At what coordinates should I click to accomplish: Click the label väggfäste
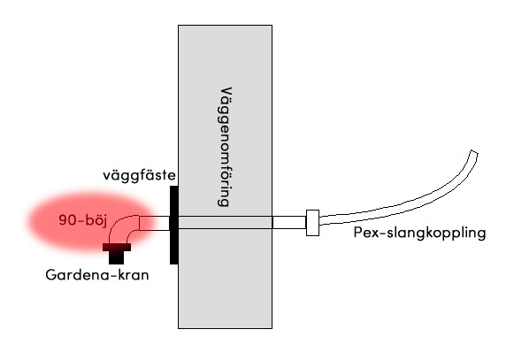pyautogui.click(x=139, y=175)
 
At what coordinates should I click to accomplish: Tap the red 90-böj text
pyautogui.click(x=83, y=220)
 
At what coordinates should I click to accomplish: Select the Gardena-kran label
pyautogui.click(x=97, y=275)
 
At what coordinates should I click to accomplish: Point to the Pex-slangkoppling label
pyautogui.click(x=419, y=233)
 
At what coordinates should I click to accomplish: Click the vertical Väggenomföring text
pyautogui.click(x=225, y=147)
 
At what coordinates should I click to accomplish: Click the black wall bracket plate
pyautogui.click(x=173, y=225)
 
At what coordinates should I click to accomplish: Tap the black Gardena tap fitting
pyautogui.click(x=117, y=254)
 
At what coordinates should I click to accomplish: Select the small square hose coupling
pyautogui.click(x=312, y=223)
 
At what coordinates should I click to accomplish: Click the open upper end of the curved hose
pyautogui.click(x=474, y=152)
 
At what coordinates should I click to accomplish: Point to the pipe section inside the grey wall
pyautogui.click(x=226, y=223)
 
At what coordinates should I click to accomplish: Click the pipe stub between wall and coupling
pyautogui.click(x=289, y=223)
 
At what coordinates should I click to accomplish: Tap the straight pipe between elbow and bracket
pyautogui.click(x=155, y=223)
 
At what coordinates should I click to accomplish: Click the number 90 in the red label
pyautogui.click(x=67, y=220)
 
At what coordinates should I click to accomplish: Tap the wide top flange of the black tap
pyautogui.click(x=117, y=247)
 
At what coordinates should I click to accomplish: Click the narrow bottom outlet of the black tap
pyautogui.click(x=117, y=257)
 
